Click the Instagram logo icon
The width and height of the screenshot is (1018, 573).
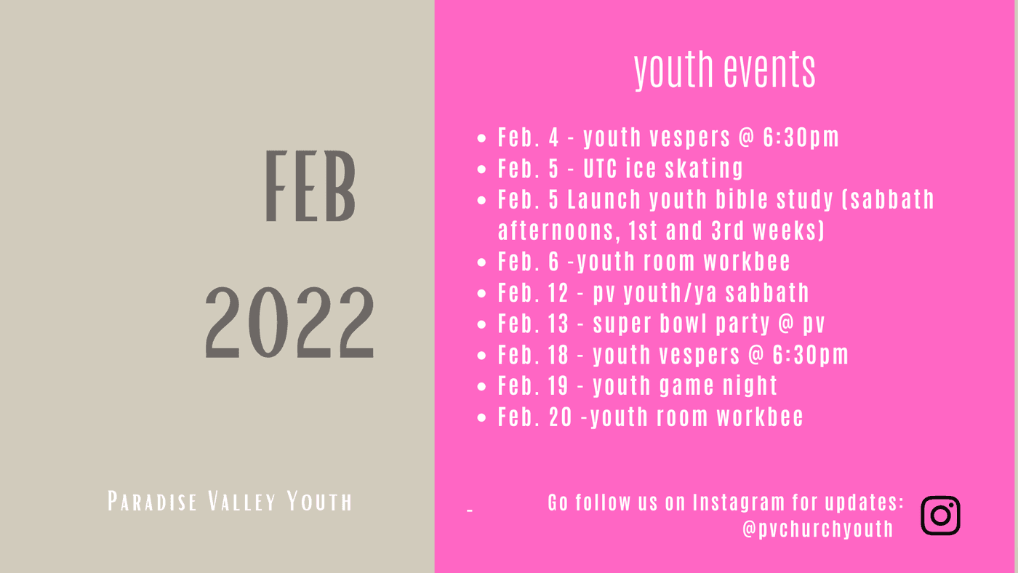click(940, 516)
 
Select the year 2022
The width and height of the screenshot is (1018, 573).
click(290, 322)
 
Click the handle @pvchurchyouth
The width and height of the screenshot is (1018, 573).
click(817, 529)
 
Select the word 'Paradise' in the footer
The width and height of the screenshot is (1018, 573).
click(152, 501)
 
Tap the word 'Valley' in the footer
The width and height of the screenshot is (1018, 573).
click(241, 501)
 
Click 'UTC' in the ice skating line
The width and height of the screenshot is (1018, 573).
click(601, 169)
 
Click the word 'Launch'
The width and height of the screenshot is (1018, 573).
click(604, 199)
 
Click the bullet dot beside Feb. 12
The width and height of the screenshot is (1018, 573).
click(481, 294)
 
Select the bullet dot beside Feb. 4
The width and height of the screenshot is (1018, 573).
click(481, 138)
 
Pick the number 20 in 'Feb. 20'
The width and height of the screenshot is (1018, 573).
click(561, 417)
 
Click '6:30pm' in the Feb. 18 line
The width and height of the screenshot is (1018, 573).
click(810, 355)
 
